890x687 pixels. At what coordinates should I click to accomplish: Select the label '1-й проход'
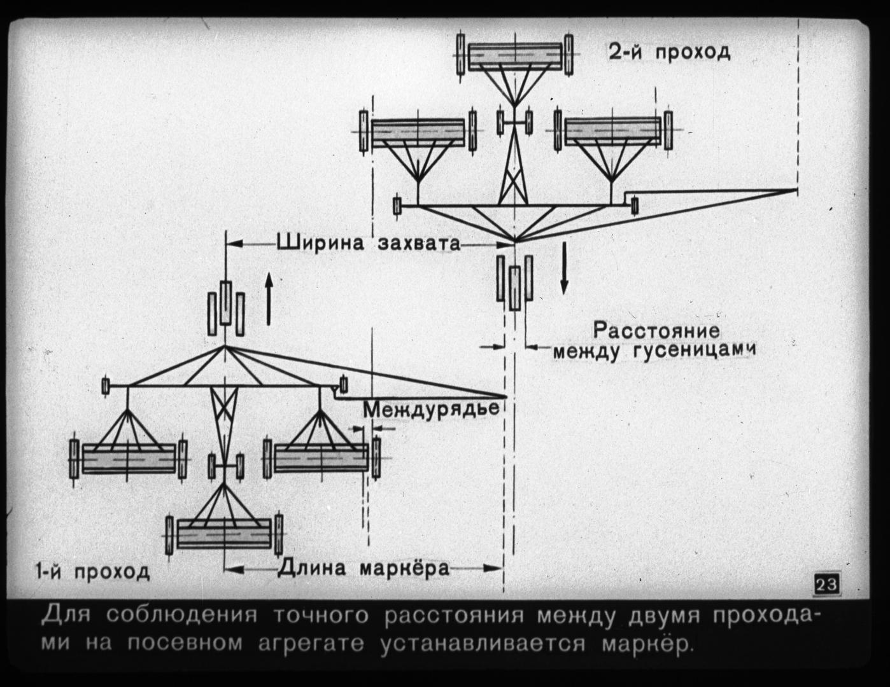point(93,571)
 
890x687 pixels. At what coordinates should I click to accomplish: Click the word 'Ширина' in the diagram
point(321,244)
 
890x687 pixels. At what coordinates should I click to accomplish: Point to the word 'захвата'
point(419,244)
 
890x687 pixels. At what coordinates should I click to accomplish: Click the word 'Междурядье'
point(431,409)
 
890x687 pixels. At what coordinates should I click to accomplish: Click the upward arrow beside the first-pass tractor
point(269,299)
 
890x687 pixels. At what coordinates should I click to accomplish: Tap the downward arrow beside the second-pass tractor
point(564,268)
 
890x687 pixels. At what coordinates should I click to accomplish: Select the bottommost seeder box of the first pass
point(224,534)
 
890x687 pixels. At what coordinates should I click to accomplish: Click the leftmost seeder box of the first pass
point(129,458)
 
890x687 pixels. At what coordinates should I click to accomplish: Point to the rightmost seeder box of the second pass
point(613,131)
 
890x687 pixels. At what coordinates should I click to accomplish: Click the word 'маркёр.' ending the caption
point(648,644)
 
